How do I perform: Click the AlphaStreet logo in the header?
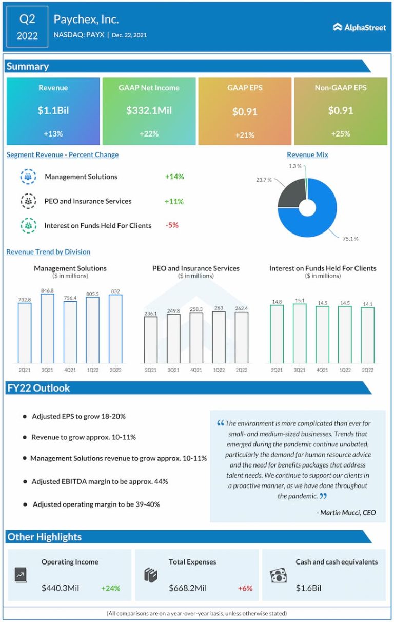359,27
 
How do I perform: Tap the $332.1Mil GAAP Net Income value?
149,110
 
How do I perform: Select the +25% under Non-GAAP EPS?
341,134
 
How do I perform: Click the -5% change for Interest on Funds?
172,225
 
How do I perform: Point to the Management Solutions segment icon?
28,177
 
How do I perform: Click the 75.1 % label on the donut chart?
350,239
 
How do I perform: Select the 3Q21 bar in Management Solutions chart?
47,328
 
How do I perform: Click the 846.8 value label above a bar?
47,290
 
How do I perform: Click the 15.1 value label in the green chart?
300,301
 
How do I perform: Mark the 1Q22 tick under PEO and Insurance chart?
219,370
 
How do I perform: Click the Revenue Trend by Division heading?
48,252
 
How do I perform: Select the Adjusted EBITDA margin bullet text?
100,481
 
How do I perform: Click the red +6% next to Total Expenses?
245,588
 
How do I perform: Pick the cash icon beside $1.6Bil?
278,576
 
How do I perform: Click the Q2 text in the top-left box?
27,19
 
